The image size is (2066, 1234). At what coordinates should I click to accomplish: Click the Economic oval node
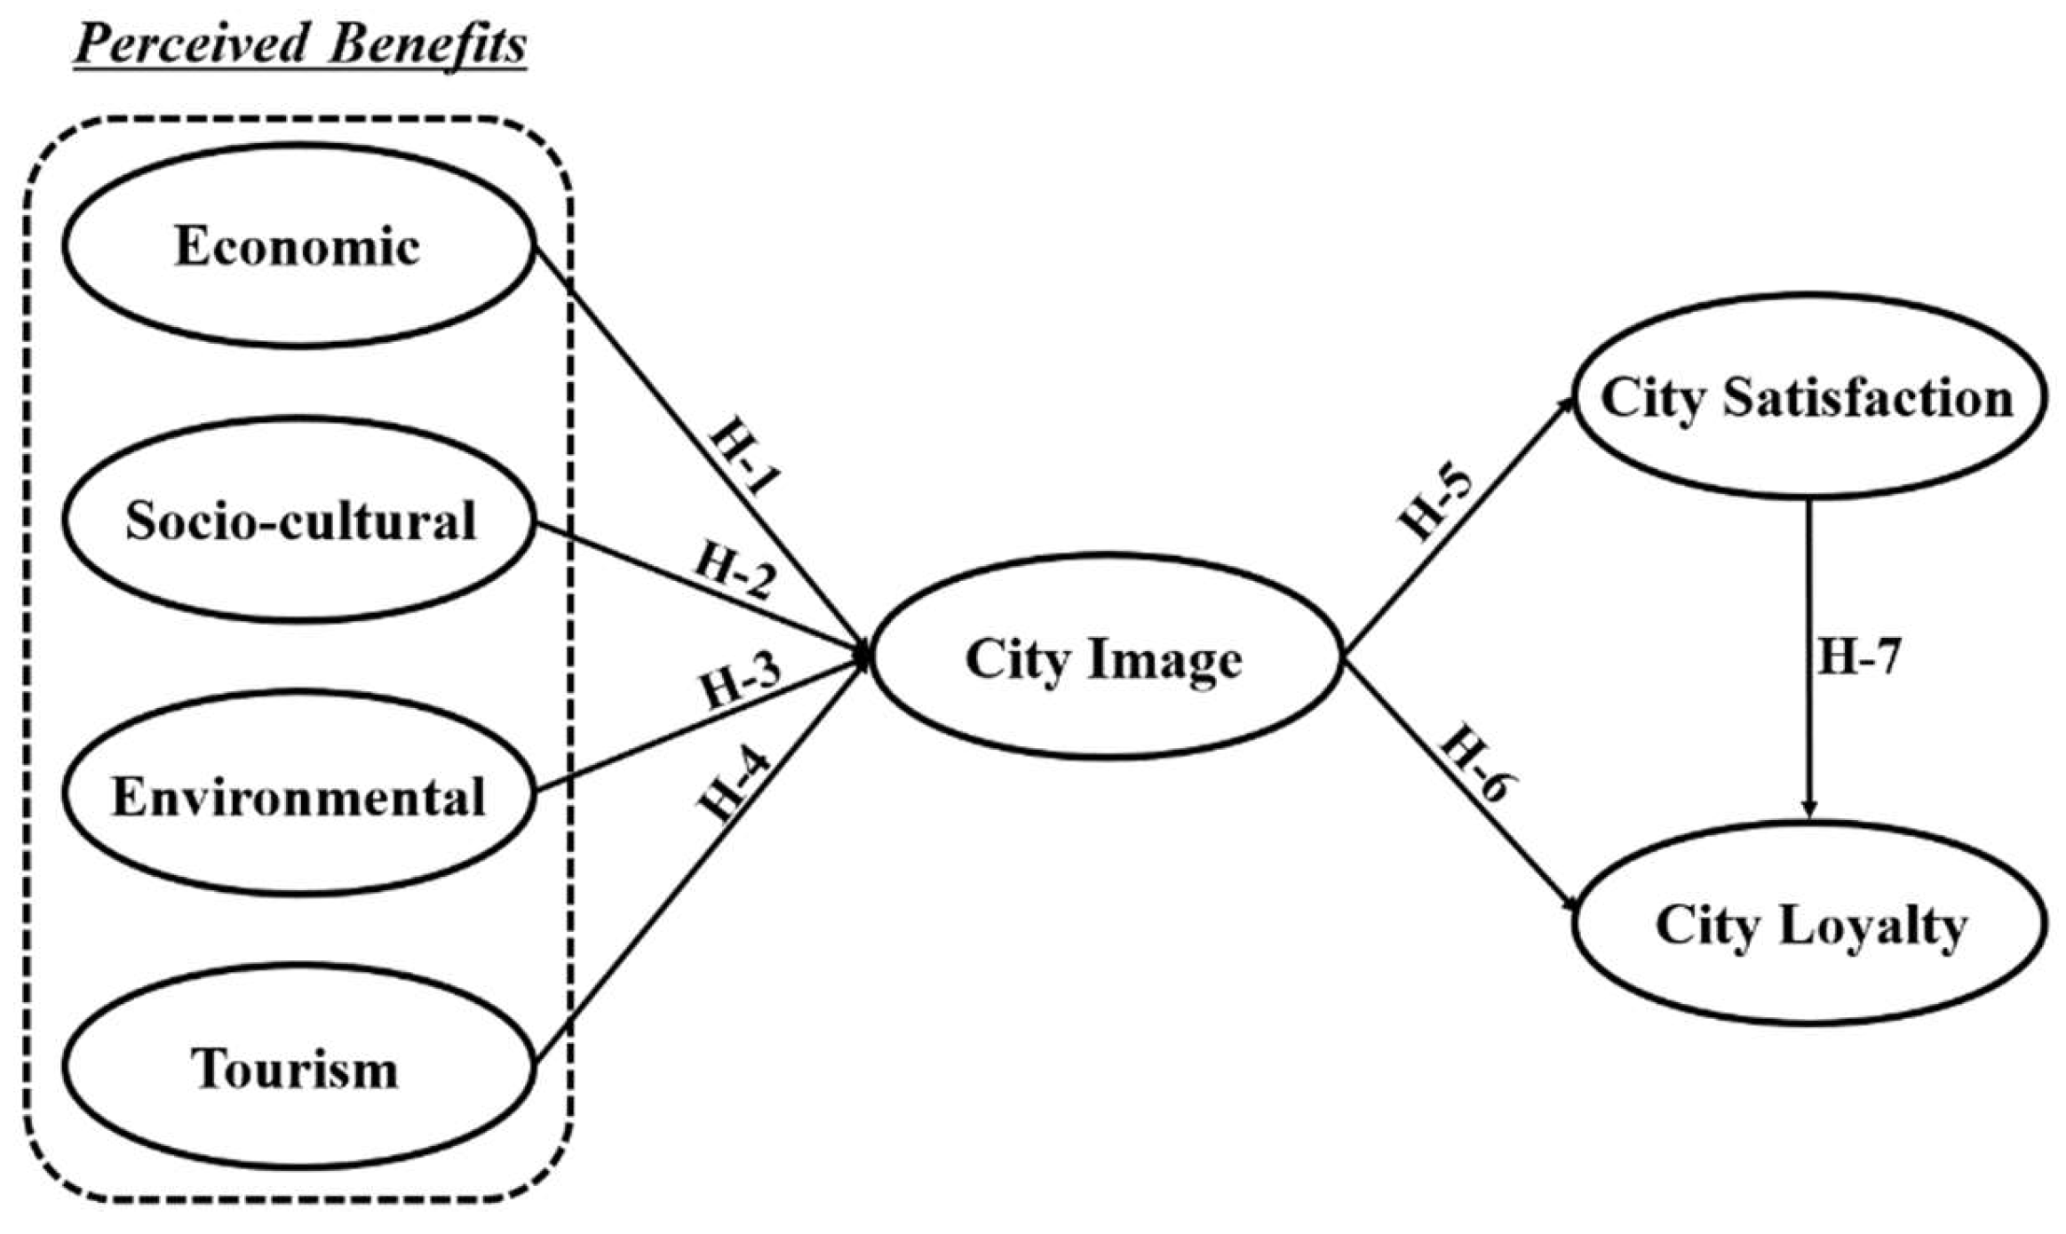point(298,245)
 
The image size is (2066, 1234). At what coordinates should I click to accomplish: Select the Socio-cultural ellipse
point(299,520)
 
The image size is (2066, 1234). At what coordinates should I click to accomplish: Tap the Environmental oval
point(298,795)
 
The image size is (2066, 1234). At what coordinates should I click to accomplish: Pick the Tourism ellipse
point(296,1068)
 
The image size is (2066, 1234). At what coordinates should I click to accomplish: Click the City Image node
point(1104,658)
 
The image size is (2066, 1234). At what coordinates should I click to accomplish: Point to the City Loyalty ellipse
point(1810,925)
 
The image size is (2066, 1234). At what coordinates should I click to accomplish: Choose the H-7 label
point(1858,657)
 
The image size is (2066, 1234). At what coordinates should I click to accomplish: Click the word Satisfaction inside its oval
point(1868,397)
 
